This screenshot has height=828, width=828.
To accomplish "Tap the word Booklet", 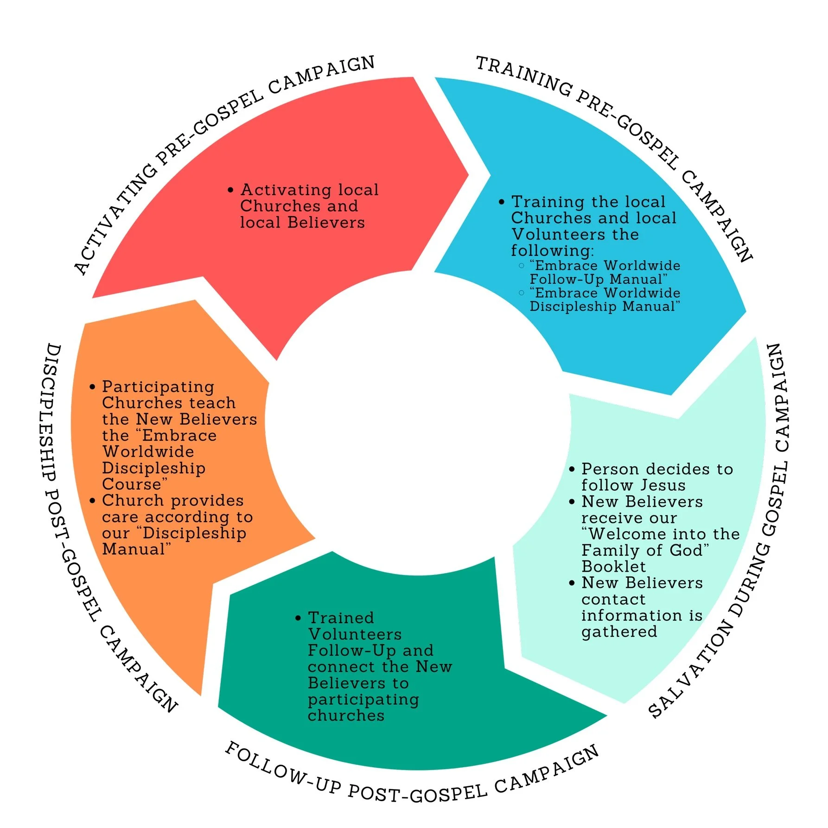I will click(x=613, y=567).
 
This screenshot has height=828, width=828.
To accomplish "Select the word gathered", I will click(x=619, y=631).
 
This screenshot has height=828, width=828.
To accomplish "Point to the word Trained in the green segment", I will click(x=341, y=618).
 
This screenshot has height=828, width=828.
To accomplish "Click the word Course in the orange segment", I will click(x=133, y=484).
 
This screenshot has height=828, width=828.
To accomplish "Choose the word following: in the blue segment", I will click(x=552, y=251).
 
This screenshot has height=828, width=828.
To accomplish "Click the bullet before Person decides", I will click(x=572, y=469).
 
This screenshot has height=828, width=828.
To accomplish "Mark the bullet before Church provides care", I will click(x=93, y=501).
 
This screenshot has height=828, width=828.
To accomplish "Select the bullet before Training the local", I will click(x=501, y=202).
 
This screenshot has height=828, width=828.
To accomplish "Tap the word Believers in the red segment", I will click(x=326, y=223).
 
